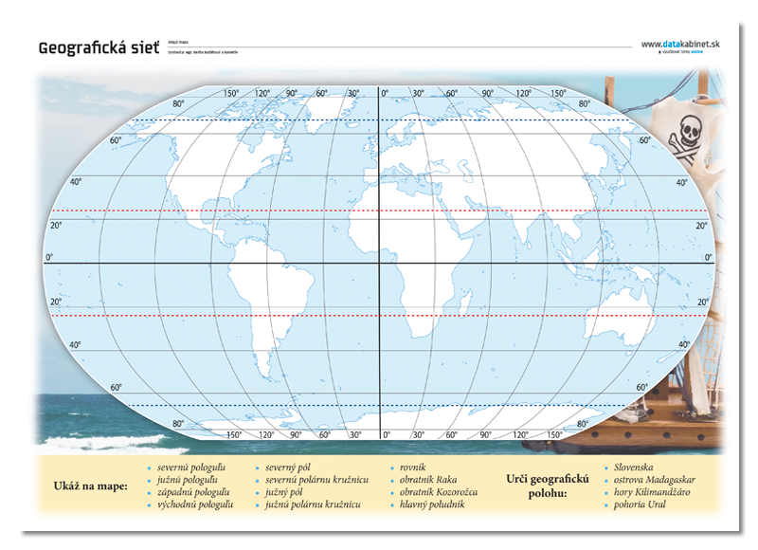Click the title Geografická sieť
point(94,46)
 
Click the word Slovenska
point(634,467)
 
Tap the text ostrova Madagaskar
point(653,480)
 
